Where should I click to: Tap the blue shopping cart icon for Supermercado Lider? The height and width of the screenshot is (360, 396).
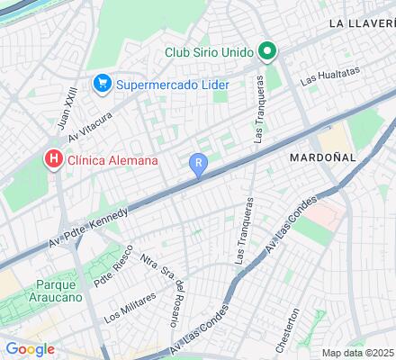(x=102, y=85)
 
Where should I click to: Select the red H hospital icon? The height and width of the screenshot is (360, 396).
(x=53, y=160)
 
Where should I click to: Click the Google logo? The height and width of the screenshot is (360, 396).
(x=30, y=349)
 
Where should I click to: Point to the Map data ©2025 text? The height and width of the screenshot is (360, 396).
(x=358, y=352)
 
